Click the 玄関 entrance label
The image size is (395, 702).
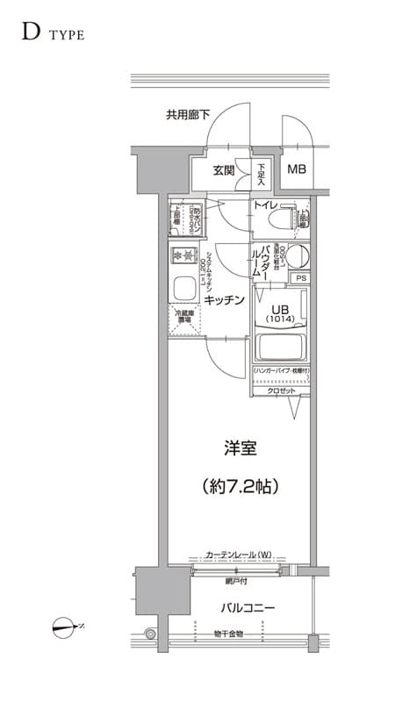[x=224, y=171]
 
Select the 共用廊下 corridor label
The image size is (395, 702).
[x=188, y=115]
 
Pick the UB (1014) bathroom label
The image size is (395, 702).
[x=280, y=314]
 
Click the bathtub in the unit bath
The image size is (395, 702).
[x=280, y=347]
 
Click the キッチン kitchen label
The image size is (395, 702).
[x=225, y=300]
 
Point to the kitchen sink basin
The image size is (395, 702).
[x=184, y=288]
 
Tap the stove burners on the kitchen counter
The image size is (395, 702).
[x=184, y=255]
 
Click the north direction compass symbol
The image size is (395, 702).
[x=64, y=627]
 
